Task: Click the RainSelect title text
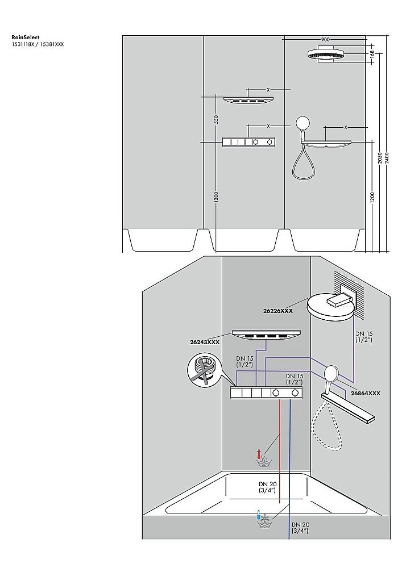click(25, 37)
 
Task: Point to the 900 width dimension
click(325, 39)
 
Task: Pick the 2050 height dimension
click(380, 158)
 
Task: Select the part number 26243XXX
click(205, 343)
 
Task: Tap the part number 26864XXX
click(365, 393)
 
